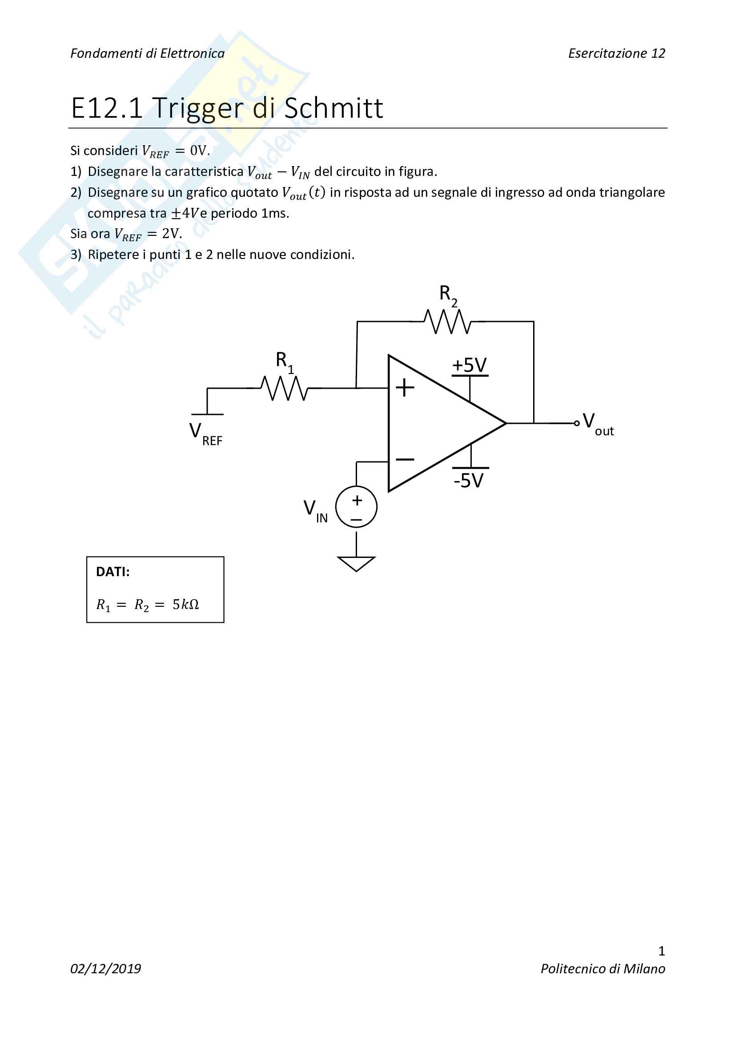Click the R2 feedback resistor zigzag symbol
click(447, 322)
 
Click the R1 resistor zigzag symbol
click(284, 388)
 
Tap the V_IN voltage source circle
click(357, 507)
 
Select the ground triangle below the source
click(357, 563)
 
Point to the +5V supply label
click(469, 365)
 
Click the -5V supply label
click(469, 481)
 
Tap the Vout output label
click(598, 424)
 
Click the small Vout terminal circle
click(577, 424)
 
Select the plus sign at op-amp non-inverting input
click(405, 388)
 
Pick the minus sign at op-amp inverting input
click(405, 459)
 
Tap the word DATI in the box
click(113, 572)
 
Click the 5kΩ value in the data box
click(186, 605)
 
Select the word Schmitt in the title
click(334, 108)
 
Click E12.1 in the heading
click(107, 108)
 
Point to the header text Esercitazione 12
click(616, 53)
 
